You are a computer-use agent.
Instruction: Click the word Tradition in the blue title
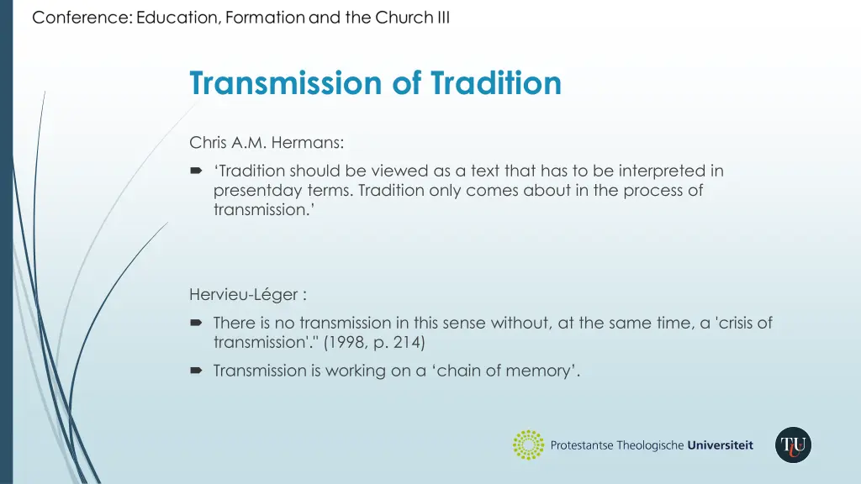pyautogui.click(x=495, y=84)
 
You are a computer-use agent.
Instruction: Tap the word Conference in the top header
pyautogui.click(x=79, y=18)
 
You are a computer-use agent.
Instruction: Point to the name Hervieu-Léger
pyautogui.click(x=244, y=294)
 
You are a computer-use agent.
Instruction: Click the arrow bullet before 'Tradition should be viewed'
pyautogui.click(x=196, y=171)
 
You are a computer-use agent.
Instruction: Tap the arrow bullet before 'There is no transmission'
pyautogui.click(x=196, y=323)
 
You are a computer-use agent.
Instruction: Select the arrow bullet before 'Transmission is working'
pyautogui.click(x=196, y=371)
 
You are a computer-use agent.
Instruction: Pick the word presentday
pyautogui.click(x=254, y=191)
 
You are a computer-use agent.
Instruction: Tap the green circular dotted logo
pyautogui.click(x=528, y=445)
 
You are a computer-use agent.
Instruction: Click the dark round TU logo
pyautogui.click(x=793, y=445)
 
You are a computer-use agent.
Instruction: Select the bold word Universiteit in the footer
pyautogui.click(x=720, y=445)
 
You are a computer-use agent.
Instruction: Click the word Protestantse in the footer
pyautogui.click(x=582, y=445)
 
